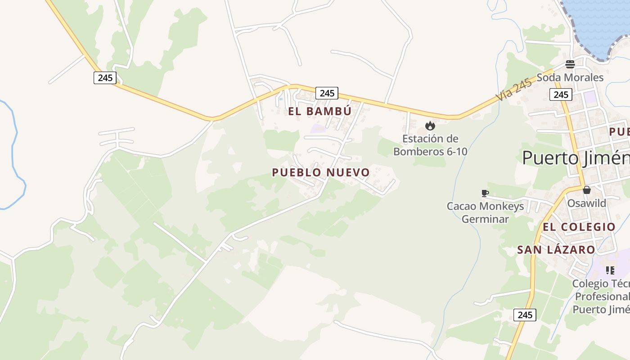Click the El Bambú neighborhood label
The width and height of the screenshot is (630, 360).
point(319,111)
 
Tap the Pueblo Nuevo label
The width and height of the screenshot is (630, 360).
point(320,172)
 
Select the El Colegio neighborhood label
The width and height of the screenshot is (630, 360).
point(579,227)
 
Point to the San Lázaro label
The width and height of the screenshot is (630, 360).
point(556,250)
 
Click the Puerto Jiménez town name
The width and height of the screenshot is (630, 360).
point(576,158)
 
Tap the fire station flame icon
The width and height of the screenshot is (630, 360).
point(430,126)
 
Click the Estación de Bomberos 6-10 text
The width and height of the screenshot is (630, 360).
point(430,145)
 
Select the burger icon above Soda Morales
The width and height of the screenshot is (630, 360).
point(570,64)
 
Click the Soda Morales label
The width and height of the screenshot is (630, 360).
point(570,77)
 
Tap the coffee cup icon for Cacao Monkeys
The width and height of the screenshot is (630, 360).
point(485,193)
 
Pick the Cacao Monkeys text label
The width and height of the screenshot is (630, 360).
point(485,206)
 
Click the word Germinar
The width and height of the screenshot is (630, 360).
point(485,219)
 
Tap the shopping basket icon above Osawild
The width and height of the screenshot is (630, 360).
point(586,190)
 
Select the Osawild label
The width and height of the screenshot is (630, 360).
point(586,203)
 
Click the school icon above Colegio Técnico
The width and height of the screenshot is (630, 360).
point(610,270)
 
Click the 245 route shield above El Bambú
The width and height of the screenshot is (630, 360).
point(327,93)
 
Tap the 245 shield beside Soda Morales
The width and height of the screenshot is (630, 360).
point(561,94)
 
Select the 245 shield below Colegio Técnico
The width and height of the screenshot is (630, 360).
point(525,315)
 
